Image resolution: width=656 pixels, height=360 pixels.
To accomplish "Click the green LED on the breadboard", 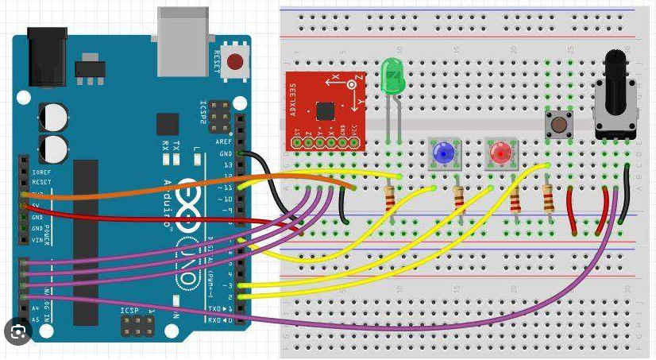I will (x=392, y=77).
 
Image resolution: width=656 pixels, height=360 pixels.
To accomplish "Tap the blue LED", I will (x=443, y=152).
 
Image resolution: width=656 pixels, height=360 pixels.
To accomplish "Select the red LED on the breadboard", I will (x=500, y=153).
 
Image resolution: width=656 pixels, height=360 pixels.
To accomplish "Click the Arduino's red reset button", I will (x=234, y=61).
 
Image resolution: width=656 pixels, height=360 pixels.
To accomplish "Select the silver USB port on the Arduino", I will (x=183, y=32).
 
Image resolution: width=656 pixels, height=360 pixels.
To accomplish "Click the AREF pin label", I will (x=223, y=141).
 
